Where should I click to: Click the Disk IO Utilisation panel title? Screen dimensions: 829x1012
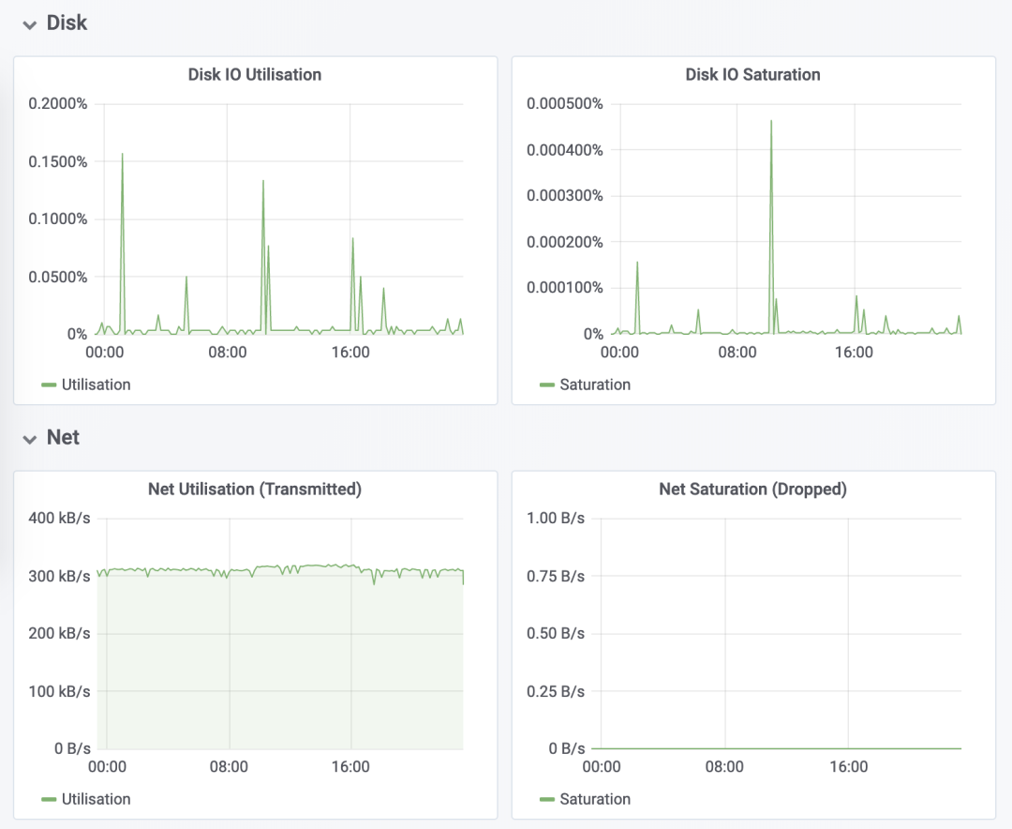pos(255,74)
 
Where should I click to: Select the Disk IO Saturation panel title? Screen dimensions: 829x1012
pos(752,74)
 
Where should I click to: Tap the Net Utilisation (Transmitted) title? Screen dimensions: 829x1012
pos(255,489)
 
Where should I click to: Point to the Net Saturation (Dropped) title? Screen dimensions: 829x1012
pos(752,489)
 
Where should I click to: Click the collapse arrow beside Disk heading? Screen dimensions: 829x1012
pos(30,24)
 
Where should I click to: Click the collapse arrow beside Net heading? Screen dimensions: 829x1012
pos(30,439)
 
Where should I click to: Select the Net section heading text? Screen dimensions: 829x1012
pos(63,438)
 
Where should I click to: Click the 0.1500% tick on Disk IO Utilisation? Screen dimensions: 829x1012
pos(58,161)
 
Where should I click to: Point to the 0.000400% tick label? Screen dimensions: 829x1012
pos(565,149)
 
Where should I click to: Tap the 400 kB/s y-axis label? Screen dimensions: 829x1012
pos(59,519)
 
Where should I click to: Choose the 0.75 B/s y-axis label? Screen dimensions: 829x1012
pos(557,577)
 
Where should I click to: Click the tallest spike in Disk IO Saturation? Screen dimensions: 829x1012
pos(771,121)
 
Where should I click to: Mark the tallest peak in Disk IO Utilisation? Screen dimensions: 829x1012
pos(122,154)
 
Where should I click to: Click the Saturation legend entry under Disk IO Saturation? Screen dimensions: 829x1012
pos(594,384)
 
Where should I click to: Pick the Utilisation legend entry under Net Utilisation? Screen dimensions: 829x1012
pos(96,799)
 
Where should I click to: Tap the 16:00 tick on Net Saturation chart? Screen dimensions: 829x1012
pos(849,767)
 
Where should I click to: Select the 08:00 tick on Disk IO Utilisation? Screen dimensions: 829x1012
pos(228,353)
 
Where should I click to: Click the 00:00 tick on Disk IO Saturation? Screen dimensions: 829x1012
pos(619,353)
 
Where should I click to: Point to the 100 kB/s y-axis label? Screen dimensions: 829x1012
pos(59,692)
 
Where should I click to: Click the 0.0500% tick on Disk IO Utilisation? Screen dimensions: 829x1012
pos(58,277)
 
